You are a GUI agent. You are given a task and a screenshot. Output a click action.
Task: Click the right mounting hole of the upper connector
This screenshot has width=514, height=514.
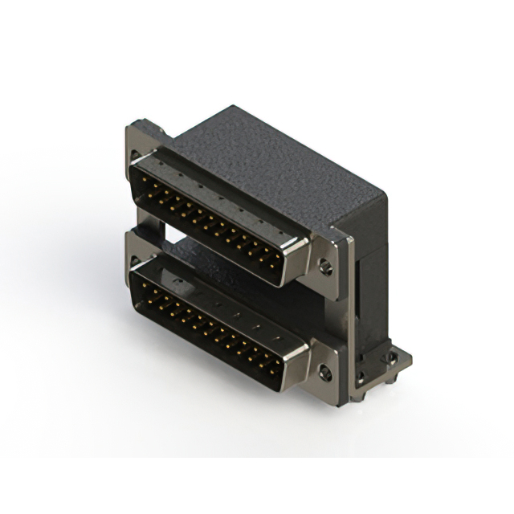click(x=324, y=266)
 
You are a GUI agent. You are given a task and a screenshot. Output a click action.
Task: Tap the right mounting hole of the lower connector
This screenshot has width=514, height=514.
click(x=324, y=373)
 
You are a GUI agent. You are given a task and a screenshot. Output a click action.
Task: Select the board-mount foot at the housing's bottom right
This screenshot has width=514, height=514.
click(x=394, y=361)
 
